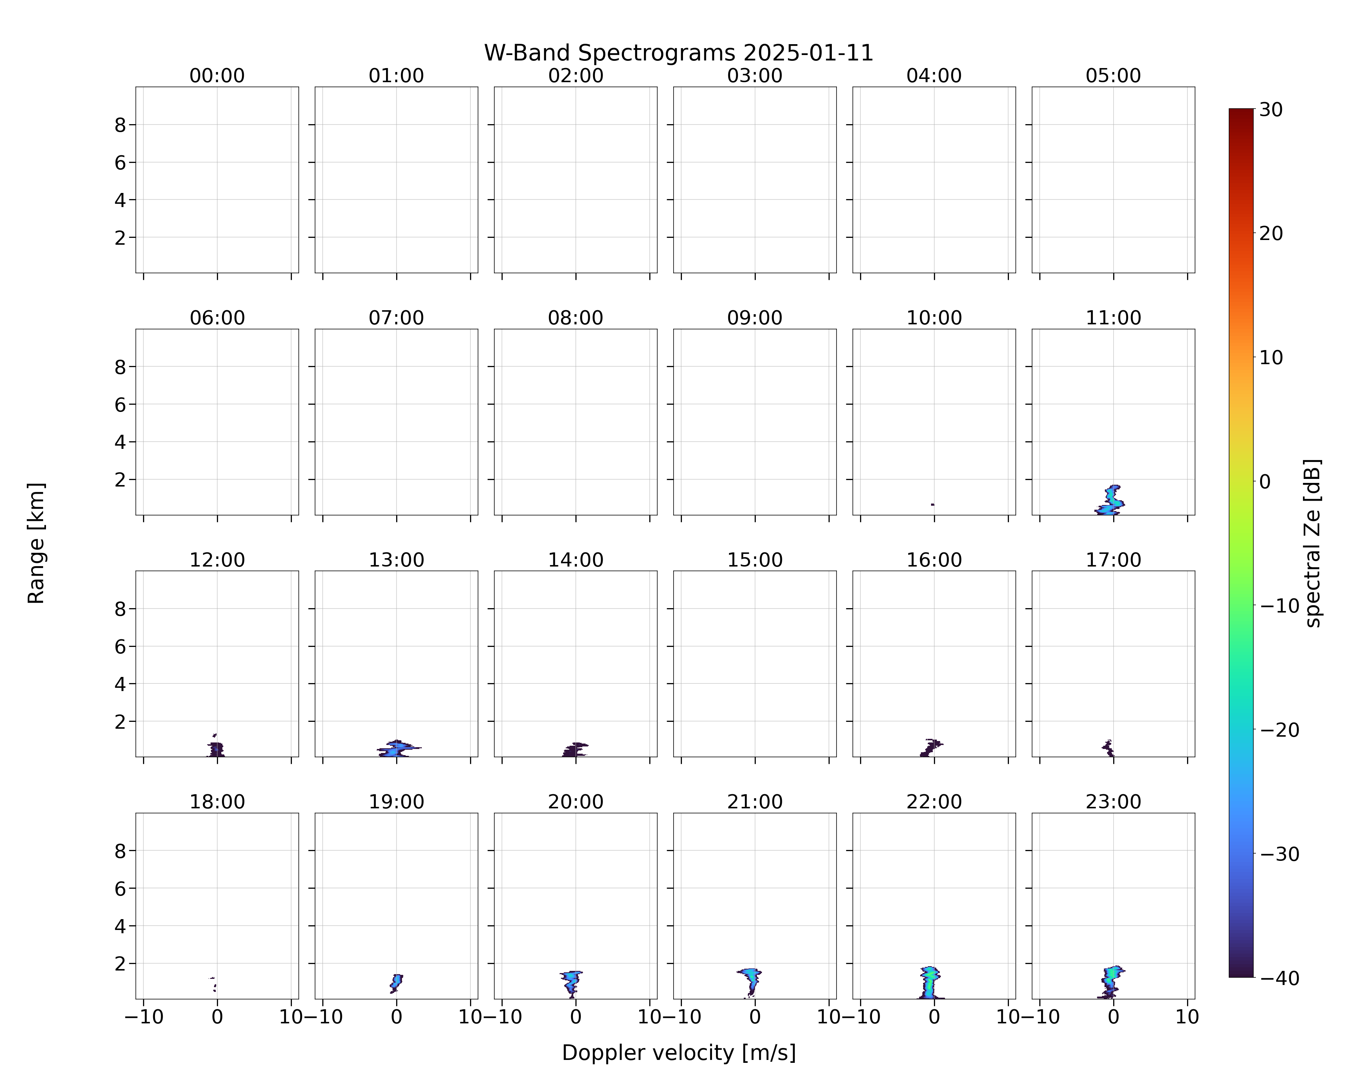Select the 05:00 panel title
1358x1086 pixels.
1113,76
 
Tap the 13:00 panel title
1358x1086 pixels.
396,560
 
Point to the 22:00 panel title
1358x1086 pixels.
934,801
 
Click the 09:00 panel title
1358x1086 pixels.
755,318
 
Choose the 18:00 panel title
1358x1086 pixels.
217,801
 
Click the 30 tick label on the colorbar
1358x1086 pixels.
1271,110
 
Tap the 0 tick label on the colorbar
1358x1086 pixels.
1265,481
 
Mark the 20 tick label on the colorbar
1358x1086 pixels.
1271,233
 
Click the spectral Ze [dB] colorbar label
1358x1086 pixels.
1313,543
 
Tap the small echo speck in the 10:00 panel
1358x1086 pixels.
932,504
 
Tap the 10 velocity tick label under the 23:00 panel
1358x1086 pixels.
1187,1017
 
